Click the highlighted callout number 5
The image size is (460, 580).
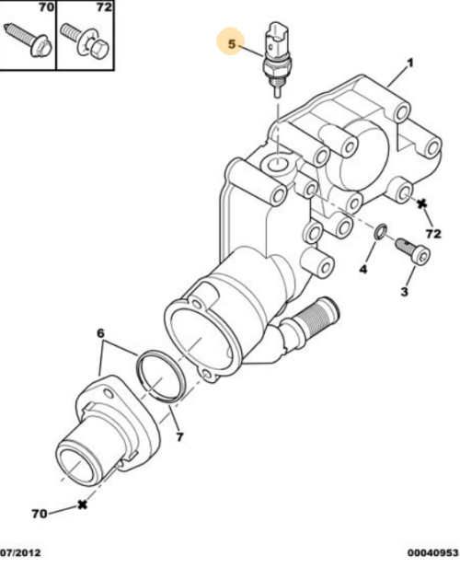(x=232, y=43)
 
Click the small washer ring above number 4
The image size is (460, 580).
(x=379, y=229)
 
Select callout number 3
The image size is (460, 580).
(x=403, y=293)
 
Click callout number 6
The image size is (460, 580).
(x=100, y=333)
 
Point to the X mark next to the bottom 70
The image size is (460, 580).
(x=83, y=505)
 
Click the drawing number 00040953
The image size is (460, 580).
(x=431, y=553)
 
